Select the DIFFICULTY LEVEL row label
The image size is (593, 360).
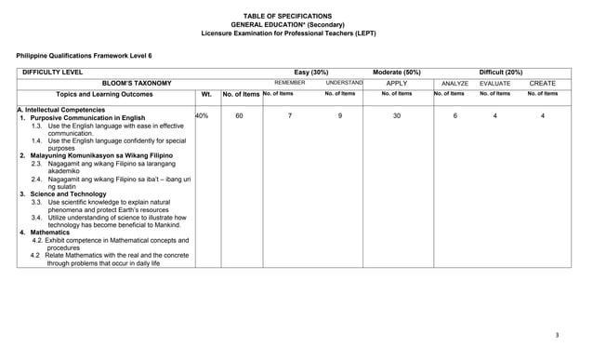52,72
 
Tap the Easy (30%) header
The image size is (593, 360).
310,72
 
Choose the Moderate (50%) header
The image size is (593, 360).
397,72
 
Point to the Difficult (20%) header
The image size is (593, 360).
500,72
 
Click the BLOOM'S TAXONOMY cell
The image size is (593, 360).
137,83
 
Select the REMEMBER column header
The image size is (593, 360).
289,83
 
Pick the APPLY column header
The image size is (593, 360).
397,83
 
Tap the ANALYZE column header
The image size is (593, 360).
455,83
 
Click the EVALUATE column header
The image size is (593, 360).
494,83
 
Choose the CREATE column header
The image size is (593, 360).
542,83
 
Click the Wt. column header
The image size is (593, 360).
206,94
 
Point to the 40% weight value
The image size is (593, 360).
202,115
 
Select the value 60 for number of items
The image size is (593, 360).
239,115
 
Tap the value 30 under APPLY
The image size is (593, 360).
397,115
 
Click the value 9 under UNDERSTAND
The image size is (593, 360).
340,115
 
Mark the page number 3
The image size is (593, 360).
556,335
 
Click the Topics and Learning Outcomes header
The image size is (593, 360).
104,94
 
